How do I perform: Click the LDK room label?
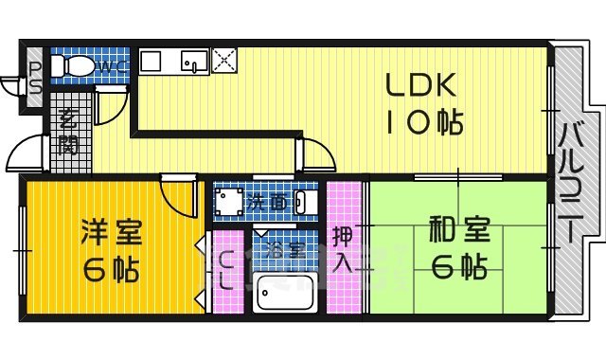coord(421,86)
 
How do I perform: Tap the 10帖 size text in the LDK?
coord(422,122)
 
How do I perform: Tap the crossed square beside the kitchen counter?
coord(224,60)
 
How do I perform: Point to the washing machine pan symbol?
coord(227,201)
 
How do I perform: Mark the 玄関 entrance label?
coord(67,133)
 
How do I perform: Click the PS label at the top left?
coord(35,76)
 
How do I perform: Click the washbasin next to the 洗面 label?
coord(302,201)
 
